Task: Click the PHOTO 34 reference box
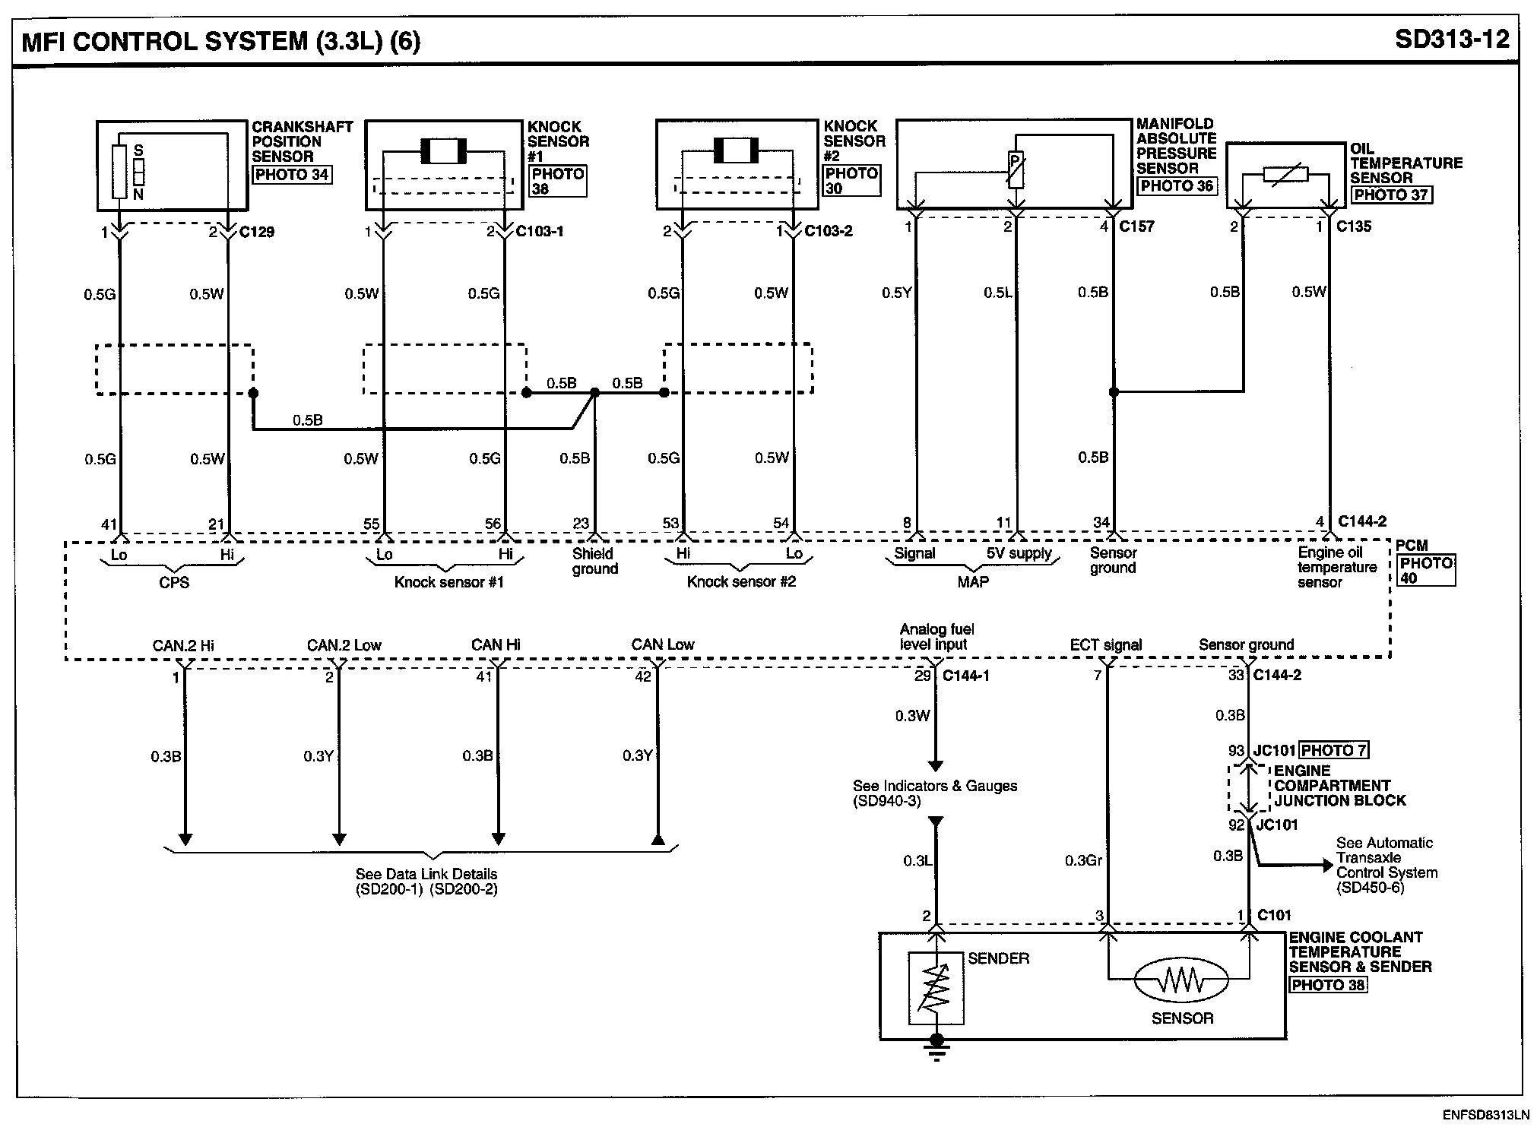coord(292,174)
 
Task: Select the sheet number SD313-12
coord(1452,39)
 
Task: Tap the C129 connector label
coord(257,232)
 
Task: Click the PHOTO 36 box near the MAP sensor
coord(1177,185)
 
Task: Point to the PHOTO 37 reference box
coord(1391,195)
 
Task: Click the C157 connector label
coord(1136,226)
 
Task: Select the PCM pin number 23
coord(581,523)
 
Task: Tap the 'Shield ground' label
coord(595,561)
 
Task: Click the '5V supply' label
coord(1019,553)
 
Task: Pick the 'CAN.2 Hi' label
coord(183,645)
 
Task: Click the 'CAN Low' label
coord(663,644)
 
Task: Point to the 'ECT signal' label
coord(1105,645)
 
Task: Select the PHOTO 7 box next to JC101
coord(1333,750)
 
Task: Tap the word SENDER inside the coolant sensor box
coord(998,958)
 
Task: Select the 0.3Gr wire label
coord(1082,860)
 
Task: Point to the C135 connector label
coord(1353,226)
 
